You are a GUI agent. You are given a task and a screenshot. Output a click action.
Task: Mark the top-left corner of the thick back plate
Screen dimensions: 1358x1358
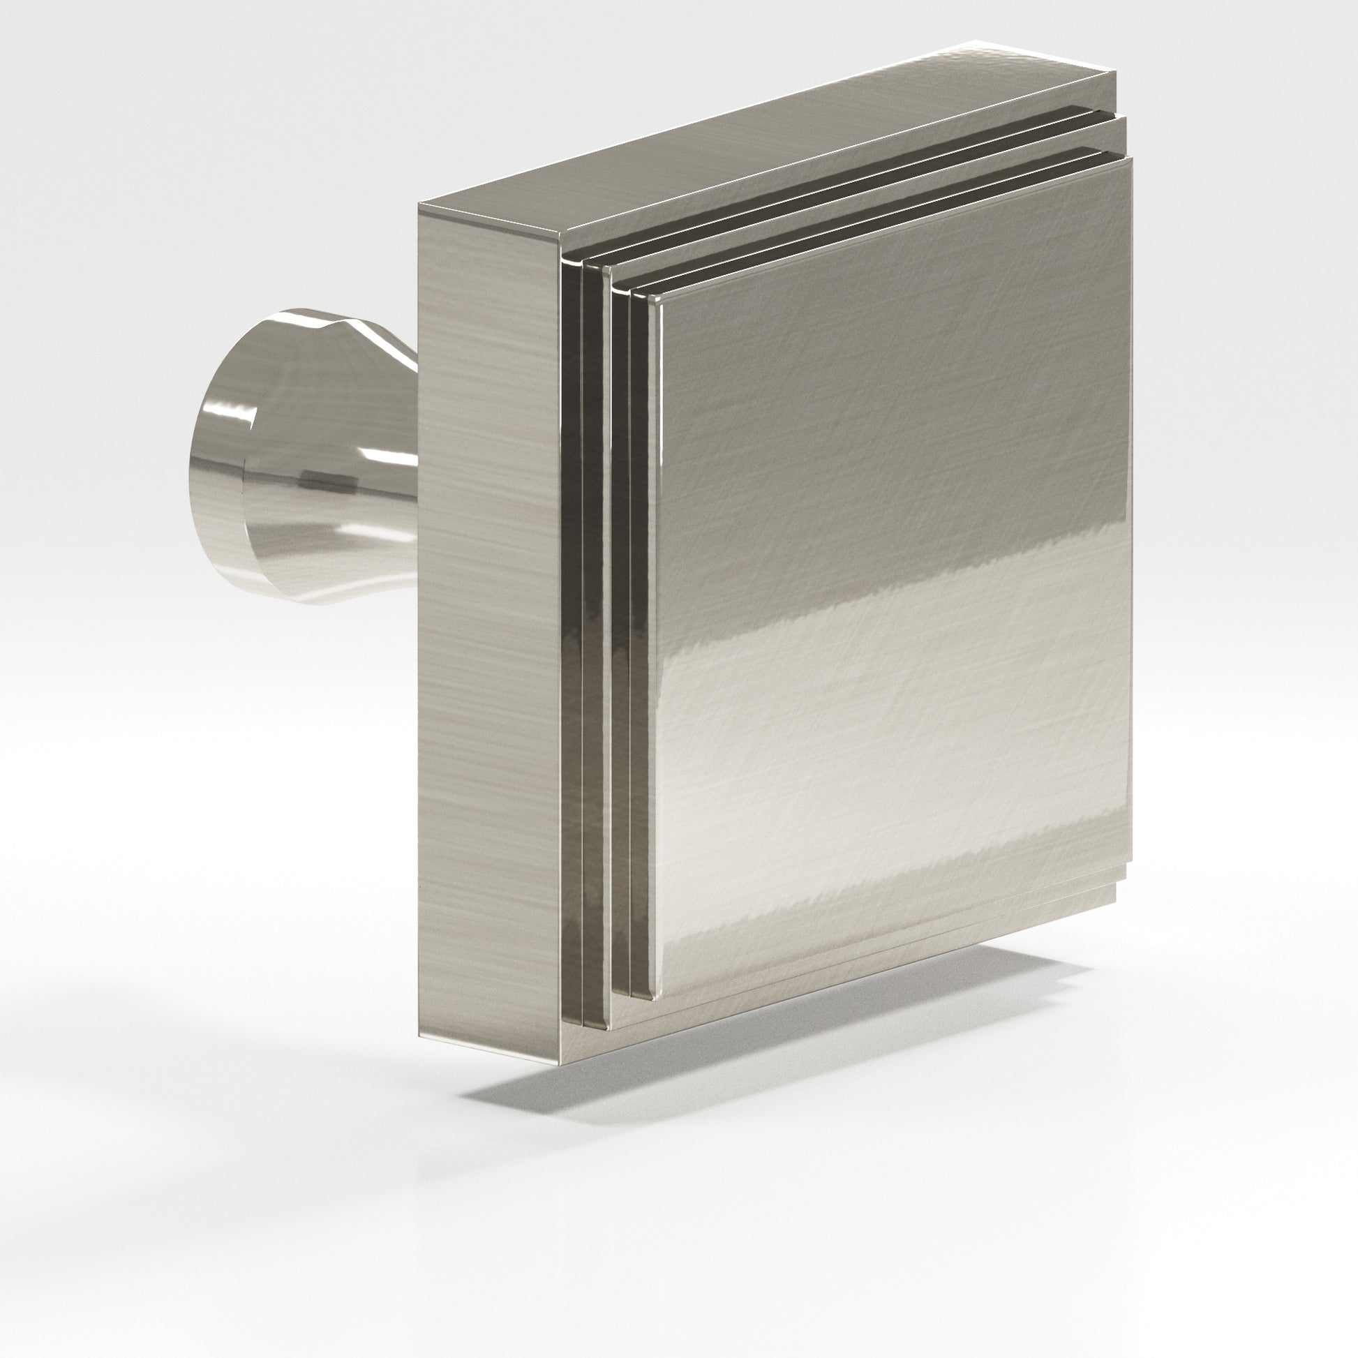(x=419, y=205)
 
